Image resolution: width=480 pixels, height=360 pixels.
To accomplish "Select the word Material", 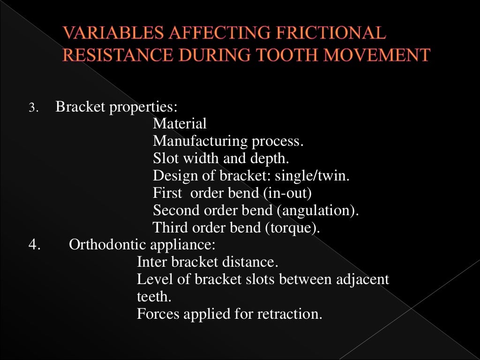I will pyautogui.click(x=180, y=124).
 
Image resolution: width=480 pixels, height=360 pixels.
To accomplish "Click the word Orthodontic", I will pyautogui.click(x=107, y=245).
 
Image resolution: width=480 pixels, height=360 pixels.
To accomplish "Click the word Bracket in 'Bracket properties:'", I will pyautogui.click(x=81, y=107).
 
